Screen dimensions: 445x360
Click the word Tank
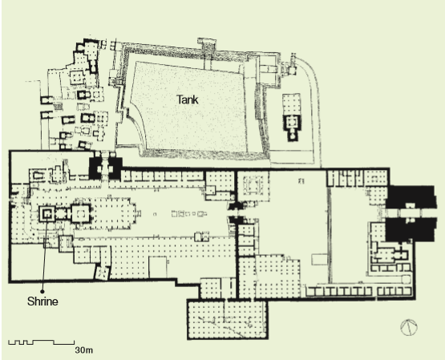point(188,99)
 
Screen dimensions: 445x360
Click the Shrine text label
point(42,301)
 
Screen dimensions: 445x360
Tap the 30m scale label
point(83,350)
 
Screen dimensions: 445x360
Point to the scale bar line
point(42,342)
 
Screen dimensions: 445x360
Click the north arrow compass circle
point(409,327)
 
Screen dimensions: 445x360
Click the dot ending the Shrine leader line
point(42,291)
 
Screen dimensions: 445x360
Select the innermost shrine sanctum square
point(47,213)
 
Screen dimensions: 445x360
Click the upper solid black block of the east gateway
point(410,197)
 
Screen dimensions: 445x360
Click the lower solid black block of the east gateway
point(410,229)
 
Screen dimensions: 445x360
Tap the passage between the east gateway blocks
point(410,213)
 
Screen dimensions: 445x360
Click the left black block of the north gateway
point(95,168)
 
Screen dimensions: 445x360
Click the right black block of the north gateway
point(115,168)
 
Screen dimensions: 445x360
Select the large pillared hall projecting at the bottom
point(228,319)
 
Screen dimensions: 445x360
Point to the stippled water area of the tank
point(188,107)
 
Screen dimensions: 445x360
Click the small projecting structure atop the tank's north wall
point(207,43)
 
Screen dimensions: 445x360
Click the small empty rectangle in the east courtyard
point(320,259)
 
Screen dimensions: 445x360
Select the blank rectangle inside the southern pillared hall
point(158,267)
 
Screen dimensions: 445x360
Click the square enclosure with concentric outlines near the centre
point(253,185)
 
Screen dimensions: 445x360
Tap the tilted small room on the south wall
point(102,273)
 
